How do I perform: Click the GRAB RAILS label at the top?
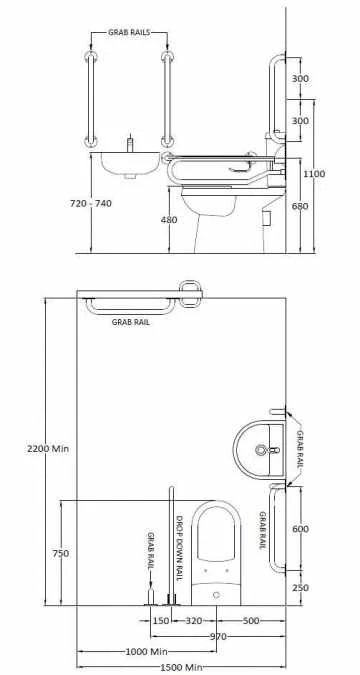pos(129,32)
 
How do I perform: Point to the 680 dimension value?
pos(301,207)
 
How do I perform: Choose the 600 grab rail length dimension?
pos(301,529)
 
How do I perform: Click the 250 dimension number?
pos(301,588)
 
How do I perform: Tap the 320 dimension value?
pos(194,620)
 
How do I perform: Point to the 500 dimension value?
pos(251,620)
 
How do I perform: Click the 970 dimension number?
pos(218,636)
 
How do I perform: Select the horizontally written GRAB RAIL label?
pos(132,322)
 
